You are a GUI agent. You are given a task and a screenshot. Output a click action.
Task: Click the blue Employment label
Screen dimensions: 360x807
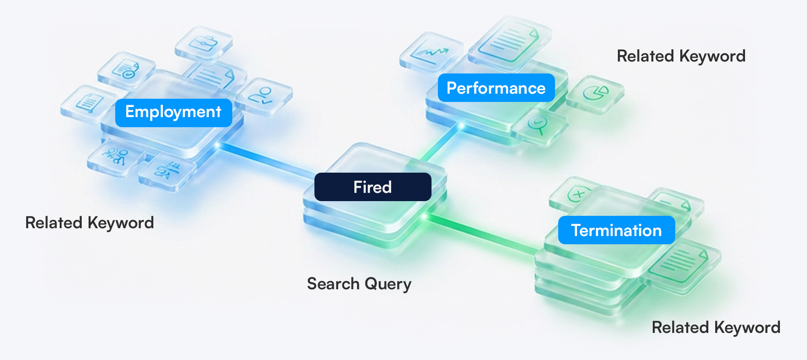(x=174, y=112)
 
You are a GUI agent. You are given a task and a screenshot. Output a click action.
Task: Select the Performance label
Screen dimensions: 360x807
(x=496, y=88)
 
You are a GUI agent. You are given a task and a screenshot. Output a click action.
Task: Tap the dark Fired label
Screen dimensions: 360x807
(x=372, y=187)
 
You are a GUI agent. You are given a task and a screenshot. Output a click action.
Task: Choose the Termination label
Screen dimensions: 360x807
(x=616, y=230)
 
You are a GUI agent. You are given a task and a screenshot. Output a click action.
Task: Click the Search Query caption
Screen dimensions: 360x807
(x=359, y=284)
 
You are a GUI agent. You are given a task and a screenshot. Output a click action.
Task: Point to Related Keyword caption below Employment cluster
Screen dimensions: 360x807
(x=90, y=223)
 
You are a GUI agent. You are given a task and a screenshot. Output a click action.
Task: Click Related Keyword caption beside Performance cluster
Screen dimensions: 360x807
(x=681, y=56)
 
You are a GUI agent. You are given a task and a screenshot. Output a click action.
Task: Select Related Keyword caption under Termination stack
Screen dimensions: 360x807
(x=716, y=327)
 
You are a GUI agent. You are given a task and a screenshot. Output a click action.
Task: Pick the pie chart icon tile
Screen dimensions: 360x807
(x=595, y=93)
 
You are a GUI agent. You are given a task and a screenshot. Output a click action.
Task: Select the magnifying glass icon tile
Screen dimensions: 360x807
(x=538, y=125)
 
